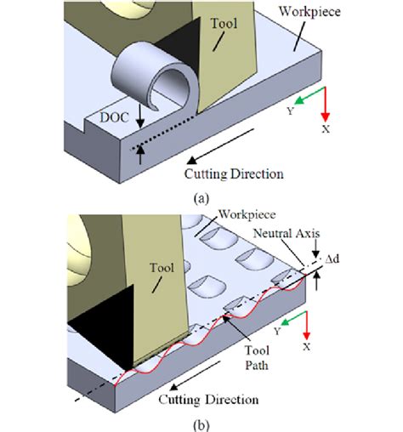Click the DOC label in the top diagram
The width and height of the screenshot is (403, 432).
tap(115, 117)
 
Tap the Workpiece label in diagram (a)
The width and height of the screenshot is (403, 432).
tap(309, 12)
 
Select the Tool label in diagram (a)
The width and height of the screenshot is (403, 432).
tap(224, 23)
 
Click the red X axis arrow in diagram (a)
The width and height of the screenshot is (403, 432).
tap(326, 105)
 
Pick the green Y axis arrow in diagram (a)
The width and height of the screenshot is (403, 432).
tap(309, 95)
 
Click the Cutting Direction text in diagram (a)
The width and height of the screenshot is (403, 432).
tap(234, 173)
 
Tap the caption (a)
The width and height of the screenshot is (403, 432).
tap(201, 198)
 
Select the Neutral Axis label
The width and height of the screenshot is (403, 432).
tap(287, 233)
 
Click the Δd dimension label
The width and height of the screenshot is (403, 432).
tap(332, 259)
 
